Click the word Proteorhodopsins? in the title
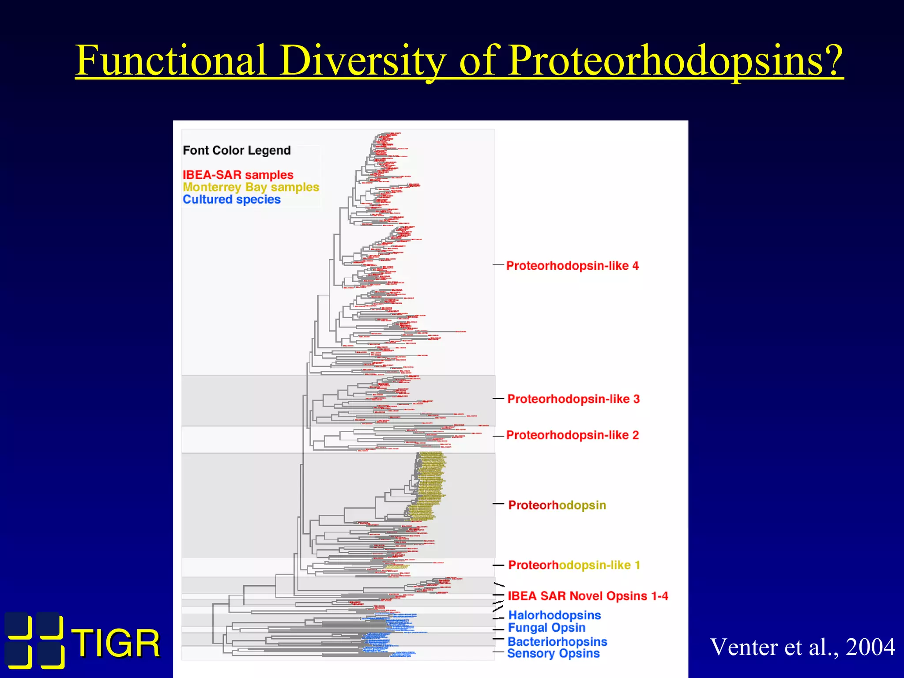(x=675, y=60)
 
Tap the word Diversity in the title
(x=362, y=60)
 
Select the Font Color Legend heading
(x=237, y=151)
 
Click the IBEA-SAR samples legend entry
(x=238, y=175)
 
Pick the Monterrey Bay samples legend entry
(x=251, y=187)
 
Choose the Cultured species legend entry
(x=232, y=200)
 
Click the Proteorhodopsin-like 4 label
(x=572, y=266)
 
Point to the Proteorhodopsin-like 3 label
(x=573, y=399)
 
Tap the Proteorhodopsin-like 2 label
(x=572, y=435)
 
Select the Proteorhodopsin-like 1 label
(x=574, y=565)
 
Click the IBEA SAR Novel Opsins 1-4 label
(x=588, y=596)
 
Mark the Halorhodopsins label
(x=554, y=615)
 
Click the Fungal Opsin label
(x=546, y=628)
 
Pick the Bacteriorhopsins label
(x=557, y=641)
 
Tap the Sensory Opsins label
(x=553, y=654)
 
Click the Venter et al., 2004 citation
(x=802, y=647)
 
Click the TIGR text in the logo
(x=116, y=644)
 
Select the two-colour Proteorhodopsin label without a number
(x=557, y=505)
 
